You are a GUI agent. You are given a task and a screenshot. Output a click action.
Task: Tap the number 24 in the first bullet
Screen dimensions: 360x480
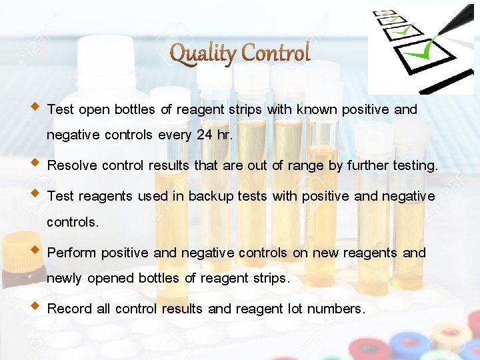tap(205, 135)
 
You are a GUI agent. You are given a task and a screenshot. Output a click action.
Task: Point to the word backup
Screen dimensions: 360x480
tap(215, 197)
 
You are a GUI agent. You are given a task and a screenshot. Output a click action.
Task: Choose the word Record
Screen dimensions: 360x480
tap(70, 309)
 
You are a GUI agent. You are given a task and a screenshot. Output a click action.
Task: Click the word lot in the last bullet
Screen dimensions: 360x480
tap(295, 309)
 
